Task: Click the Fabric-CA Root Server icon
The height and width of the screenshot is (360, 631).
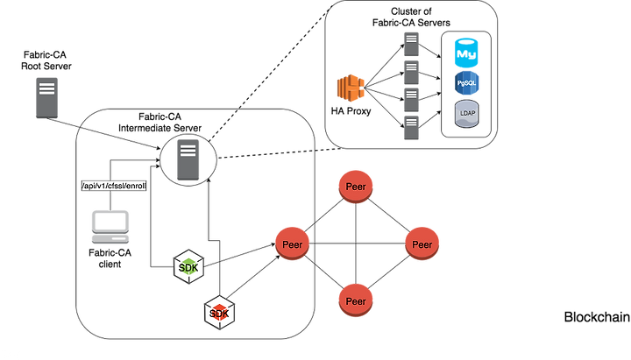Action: tap(46, 98)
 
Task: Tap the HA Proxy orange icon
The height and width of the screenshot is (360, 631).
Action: tap(351, 88)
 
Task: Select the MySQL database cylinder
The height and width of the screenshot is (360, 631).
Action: tap(466, 53)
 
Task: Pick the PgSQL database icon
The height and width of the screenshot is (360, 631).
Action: tap(466, 83)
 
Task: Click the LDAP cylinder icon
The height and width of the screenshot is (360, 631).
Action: tap(467, 114)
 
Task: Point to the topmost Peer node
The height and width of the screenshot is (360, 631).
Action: tap(356, 187)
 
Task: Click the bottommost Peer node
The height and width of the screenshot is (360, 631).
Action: tap(356, 301)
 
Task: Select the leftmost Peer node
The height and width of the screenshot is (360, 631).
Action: tap(292, 244)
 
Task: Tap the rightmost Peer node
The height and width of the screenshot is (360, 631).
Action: tap(422, 244)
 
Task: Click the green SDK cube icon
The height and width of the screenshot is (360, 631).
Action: tap(188, 266)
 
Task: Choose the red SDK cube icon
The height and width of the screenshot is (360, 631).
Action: tap(219, 313)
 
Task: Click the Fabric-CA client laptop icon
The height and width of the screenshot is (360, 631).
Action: tap(110, 227)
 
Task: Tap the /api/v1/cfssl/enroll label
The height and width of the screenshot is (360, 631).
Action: tap(114, 186)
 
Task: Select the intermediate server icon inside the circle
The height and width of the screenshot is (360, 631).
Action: tap(188, 159)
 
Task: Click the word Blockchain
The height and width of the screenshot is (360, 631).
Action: tap(597, 317)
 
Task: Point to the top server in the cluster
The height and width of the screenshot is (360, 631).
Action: tap(411, 44)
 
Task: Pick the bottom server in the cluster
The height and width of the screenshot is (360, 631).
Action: tap(411, 128)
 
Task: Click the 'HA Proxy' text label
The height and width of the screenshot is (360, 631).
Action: tap(351, 111)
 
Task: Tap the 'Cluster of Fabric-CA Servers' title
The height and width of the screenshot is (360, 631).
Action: tap(411, 18)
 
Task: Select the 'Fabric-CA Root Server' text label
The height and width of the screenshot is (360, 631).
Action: tap(46, 60)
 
